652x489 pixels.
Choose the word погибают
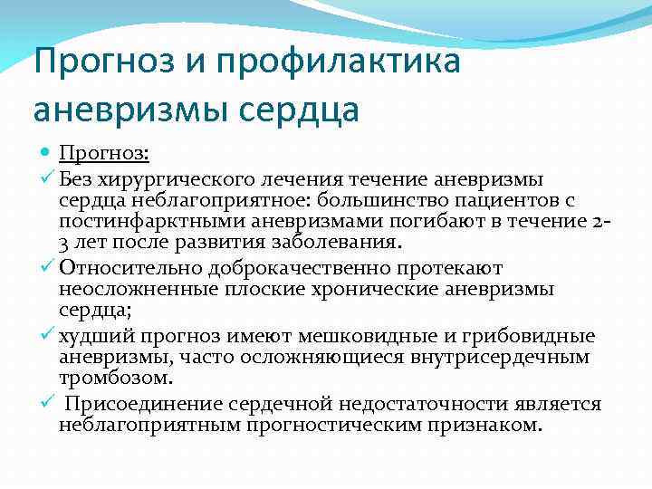pos(398,222)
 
